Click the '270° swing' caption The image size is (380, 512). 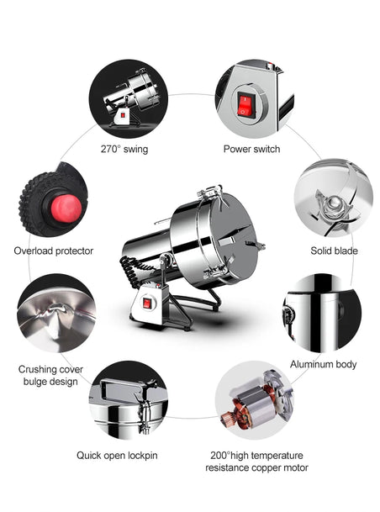pyautogui.click(x=124, y=149)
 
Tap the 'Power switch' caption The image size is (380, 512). pyautogui.click(x=251, y=149)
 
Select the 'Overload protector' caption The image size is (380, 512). pyautogui.click(x=54, y=251)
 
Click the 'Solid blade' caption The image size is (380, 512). pyautogui.click(x=334, y=251)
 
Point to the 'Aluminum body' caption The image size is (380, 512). pyautogui.click(x=323, y=364)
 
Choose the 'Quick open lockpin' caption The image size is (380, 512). pyautogui.click(x=117, y=456)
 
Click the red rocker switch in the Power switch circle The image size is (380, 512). pyautogui.click(x=245, y=104)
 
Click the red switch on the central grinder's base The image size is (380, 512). pyautogui.click(x=148, y=304)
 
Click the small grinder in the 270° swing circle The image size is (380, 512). pyautogui.click(x=130, y=98)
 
